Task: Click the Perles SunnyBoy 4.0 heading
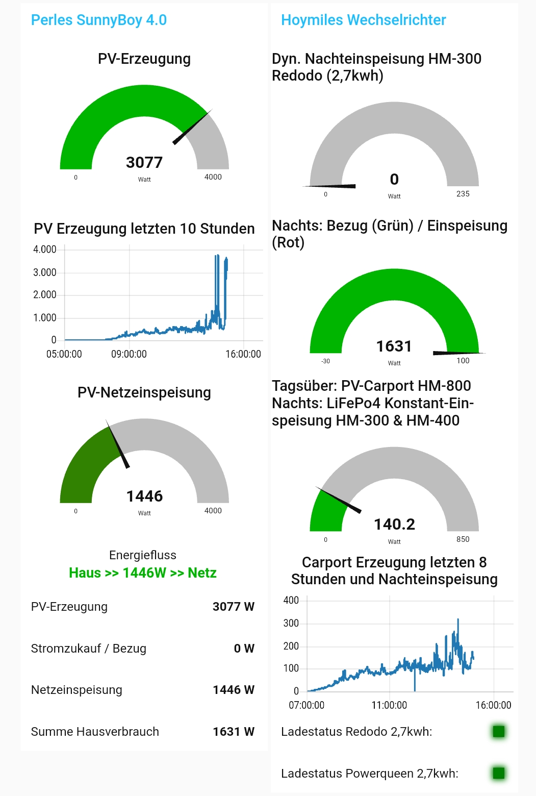pos(99,20)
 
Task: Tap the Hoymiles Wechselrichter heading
pos(363,20)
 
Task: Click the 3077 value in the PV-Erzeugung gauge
pos(144,162)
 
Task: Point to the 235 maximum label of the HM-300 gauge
pos(463,194)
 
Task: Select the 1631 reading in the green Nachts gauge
pos(394,346)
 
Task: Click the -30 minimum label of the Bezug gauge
pos(325,361)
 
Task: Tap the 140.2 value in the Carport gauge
pos(394,525)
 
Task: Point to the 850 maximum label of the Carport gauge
pos(463,539)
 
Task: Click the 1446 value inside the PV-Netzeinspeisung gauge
pos(144,496)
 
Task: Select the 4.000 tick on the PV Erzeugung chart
pos(45,250)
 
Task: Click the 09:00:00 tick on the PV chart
pos(129,354)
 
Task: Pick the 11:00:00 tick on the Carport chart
pos(389,705)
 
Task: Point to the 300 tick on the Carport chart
pos(291,623)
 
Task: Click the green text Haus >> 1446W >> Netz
pos(143,573)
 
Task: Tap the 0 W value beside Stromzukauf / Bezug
pos(244,649)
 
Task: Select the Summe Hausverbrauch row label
pos(95,732)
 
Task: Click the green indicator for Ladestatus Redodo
pos(498,732)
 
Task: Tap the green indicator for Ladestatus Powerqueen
pos(498,773)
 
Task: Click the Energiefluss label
pos(143,555)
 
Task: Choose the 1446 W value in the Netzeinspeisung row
pos(233,690)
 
